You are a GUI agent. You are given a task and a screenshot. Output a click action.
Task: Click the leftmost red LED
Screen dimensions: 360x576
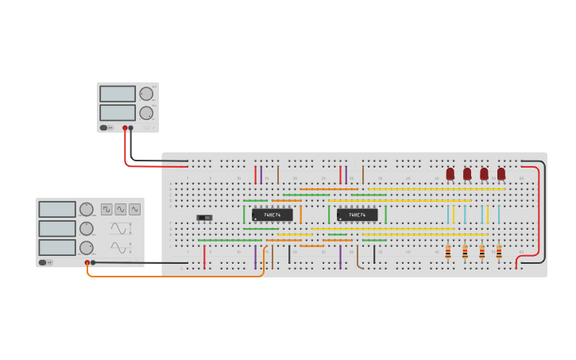tap(450, 173)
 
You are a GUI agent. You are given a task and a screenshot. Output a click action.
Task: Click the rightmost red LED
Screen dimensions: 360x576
tap(501, 173)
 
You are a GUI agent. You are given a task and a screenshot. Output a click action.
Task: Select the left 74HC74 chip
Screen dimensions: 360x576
tap(272, 215)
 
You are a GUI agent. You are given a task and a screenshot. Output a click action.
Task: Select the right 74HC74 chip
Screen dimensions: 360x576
tap(357, 215)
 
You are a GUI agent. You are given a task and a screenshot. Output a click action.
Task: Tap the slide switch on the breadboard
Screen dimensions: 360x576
tap(205, 217)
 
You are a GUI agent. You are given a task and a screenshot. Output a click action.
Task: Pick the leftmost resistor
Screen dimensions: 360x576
tap(448, 252)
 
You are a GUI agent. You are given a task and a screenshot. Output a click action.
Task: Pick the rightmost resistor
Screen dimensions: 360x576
tap(499, 252)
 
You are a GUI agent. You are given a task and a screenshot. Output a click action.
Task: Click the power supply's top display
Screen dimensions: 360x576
tap(118, 94)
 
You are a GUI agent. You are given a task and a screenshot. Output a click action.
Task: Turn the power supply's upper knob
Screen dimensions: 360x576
tap(146, 94)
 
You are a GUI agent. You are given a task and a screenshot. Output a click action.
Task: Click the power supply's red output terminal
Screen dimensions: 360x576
tap(125, 127)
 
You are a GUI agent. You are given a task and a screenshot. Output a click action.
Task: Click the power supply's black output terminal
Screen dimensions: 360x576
tap(131, 127)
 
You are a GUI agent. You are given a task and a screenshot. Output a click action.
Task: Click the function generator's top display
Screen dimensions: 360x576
tap(57, 209)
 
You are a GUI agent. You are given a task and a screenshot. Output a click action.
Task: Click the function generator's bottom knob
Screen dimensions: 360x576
tap(87, 248)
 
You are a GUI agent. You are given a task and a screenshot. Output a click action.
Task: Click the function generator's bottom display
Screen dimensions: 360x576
tap(57, 247)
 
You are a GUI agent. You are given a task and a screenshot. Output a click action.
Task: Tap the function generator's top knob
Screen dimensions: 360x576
tap(87, 209)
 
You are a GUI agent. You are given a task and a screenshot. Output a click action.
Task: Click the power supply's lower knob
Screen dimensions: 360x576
tap(146, 113)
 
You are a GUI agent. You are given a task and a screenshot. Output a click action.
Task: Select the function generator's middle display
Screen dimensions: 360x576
tap(57, 228)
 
